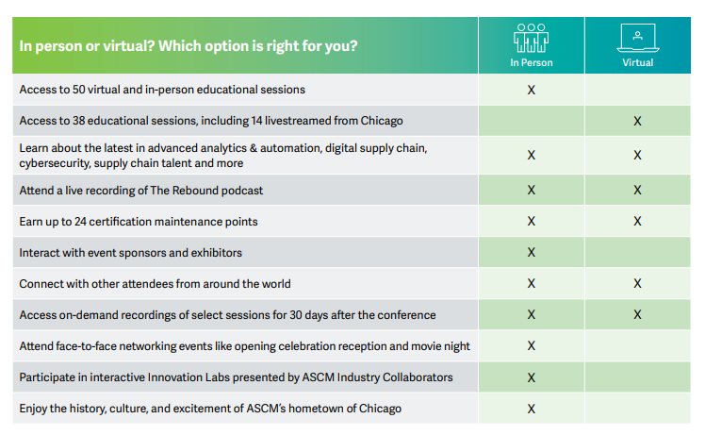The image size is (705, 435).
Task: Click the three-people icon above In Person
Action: pyautogui.click(x=531, y=38)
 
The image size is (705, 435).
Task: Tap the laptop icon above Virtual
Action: pyautogui.click(x=637, y=38)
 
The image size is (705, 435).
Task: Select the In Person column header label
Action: pyautogui.click(x=531, y=62)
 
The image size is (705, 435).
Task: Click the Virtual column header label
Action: pyautogui.click(x=637, y=62)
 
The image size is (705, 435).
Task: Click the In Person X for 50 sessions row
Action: pyautogui.click(x=531, y=90)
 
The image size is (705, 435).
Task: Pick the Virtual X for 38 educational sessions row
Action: pyautogui.click(x=637, y=121)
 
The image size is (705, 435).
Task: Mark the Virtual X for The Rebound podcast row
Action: pyautogui.click(x=637, y=190)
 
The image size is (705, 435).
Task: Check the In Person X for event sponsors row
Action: pyautogui.click(x=531, y=252)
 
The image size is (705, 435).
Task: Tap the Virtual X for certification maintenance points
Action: pyautogui.click(x=637, y=221)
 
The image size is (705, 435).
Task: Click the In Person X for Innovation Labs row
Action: pyautogui.click(x=531, y=377)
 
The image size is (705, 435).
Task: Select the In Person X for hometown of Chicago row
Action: pyautogui.click(x=531, y=409)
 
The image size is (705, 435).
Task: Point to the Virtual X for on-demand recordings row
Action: pyautogui.click(x=637, y=314)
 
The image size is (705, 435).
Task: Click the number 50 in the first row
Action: pyautogui.click(x=78, y=90)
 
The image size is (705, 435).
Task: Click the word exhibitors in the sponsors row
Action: pyautogui.click(x=217, y=253)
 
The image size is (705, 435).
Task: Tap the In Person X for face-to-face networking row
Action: pyautogui.click(x=531, y=346)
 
